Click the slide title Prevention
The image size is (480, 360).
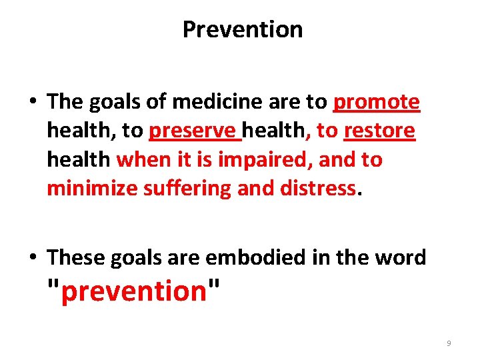[x=242, y=29]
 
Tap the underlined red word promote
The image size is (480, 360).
[x=377, y=102]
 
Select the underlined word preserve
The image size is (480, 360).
[x=195, y=131]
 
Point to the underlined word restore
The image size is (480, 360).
[x=379, y=131]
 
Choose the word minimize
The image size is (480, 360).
[x=92, y=189]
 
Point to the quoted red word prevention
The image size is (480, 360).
[x=134, y=290]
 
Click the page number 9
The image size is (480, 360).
[x=449, y=343]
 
